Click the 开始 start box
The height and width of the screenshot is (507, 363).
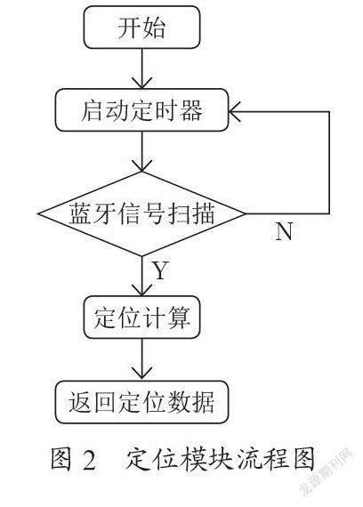click(x=141, y=28)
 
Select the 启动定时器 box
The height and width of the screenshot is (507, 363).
click(x=141, y=110)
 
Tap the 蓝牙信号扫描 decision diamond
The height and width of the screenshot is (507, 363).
click(x=141, y=213)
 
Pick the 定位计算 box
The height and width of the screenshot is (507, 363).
click(x=141, y=318)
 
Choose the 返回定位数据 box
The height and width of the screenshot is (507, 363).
click(x=141, y=402)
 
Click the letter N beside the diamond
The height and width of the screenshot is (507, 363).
click(x=284, y=231)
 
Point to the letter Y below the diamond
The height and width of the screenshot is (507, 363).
click(x=160, y=271)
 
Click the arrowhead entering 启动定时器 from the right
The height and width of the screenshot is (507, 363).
click(x=235, y=112)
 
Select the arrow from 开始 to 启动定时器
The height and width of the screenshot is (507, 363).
click(x=141, y=68)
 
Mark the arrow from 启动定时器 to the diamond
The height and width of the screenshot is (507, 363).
click(x=141, y=151)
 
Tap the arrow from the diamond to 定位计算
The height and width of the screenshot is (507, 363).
click(x=141, y=276)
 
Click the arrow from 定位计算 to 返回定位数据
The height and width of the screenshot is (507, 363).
click(x=141, y=359)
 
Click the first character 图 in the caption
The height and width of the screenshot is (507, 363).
click(x=61, y=459)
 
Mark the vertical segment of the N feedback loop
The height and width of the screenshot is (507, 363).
click(x=329, y=163)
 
